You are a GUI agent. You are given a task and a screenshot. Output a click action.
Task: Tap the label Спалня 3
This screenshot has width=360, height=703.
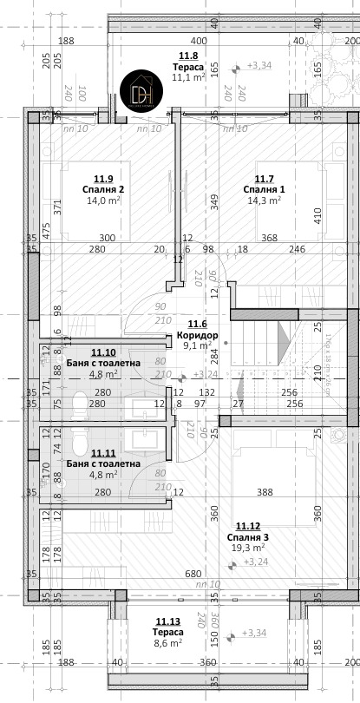point(252,536)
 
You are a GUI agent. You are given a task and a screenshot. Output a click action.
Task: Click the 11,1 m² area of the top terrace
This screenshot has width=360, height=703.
point(187,77)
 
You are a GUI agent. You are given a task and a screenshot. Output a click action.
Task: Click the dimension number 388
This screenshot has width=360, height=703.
point(265,493)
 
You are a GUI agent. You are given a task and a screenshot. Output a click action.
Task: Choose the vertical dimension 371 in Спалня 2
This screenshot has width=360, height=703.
point(56,207)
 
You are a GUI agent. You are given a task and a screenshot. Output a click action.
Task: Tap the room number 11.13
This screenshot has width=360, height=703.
point(168,621)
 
